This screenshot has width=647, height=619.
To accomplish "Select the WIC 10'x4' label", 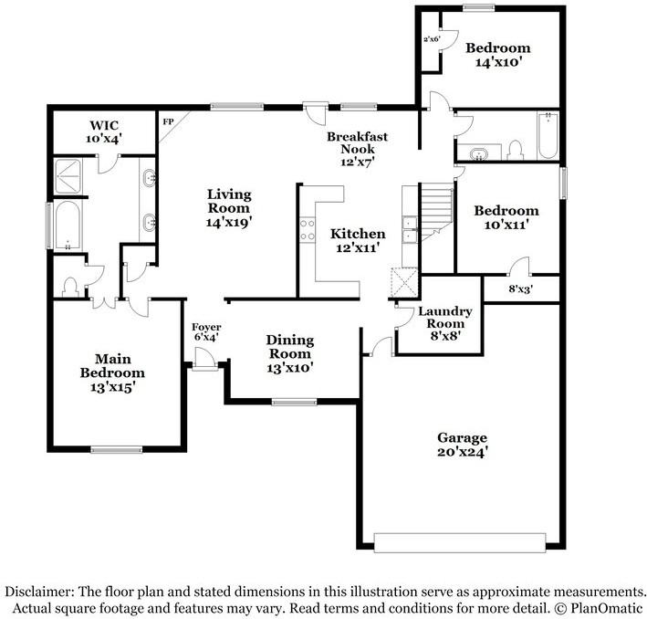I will click(x=106, y=131).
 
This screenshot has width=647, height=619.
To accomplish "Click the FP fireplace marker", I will click(x=168, y=121).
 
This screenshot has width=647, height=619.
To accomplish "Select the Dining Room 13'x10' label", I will click(x=290, y=353).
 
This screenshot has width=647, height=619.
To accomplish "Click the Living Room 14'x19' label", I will click(x=228, y=207).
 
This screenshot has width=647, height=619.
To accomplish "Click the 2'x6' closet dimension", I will click(x=432, y=40).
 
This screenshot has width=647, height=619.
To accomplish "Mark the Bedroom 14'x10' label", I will click(x=497, y=55).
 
